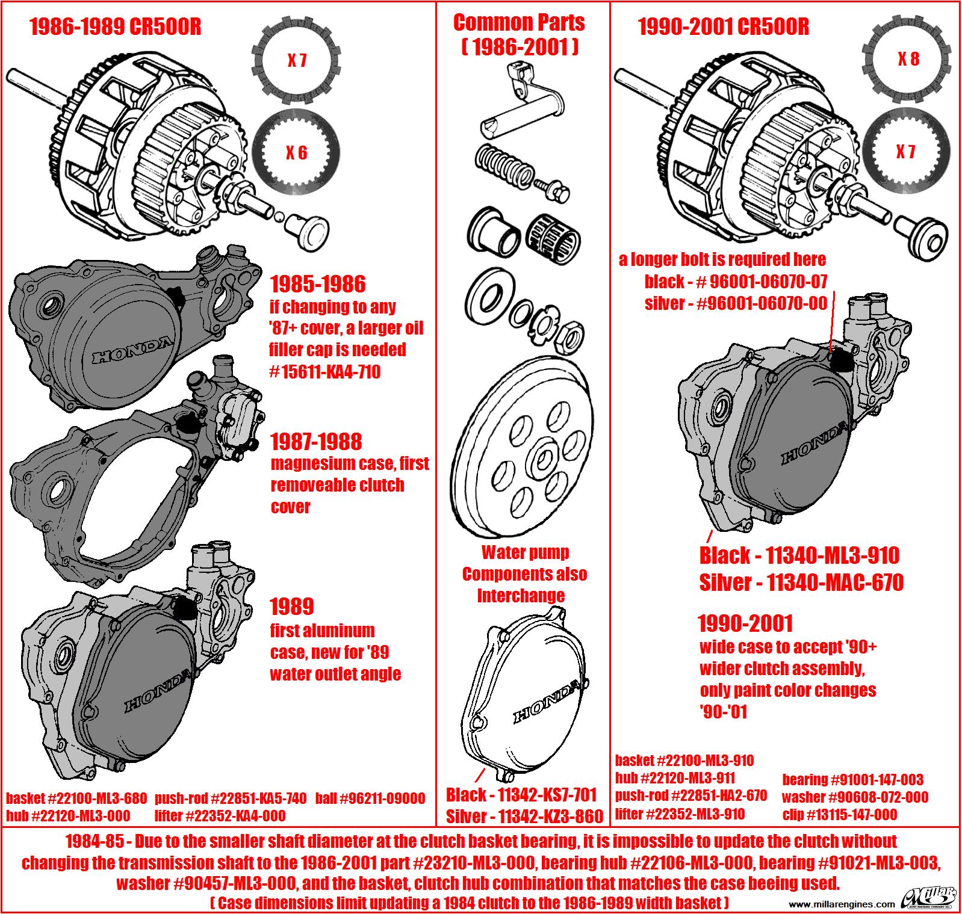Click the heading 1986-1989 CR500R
(115, 28)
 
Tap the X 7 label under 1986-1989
(296, 61)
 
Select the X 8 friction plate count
(907, 59)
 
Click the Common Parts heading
(518, 23)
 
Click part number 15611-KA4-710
(325, 372)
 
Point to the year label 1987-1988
(316, 442)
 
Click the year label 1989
(291, 607)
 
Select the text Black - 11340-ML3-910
(799, 555)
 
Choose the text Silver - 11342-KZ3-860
(524, 816)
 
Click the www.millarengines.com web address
(841, 904)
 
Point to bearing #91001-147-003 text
(852, 780)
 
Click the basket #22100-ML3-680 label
(76, 798)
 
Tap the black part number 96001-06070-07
(736, 281)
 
